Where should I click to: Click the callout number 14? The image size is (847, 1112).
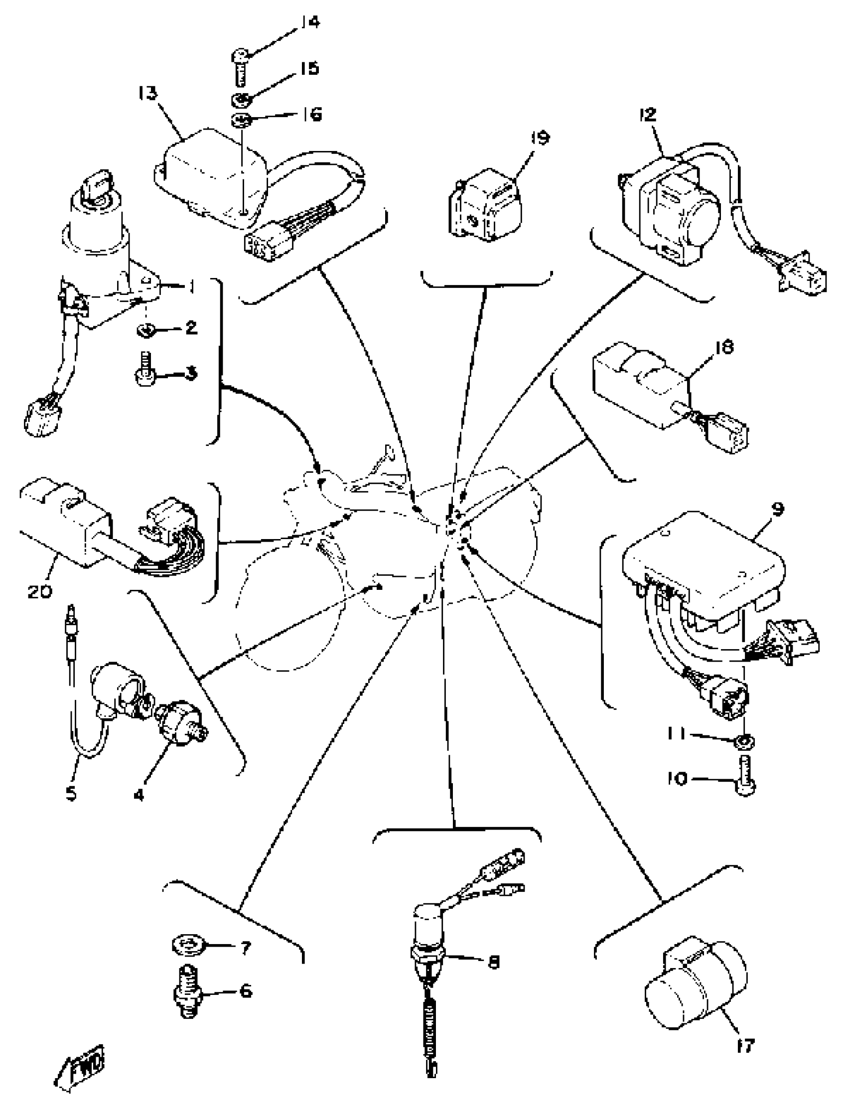[311, 23]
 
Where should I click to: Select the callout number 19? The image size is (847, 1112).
[540, 138]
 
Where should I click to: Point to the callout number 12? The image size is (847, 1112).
[648, 115]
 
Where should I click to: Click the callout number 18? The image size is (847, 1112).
[724, 347]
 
